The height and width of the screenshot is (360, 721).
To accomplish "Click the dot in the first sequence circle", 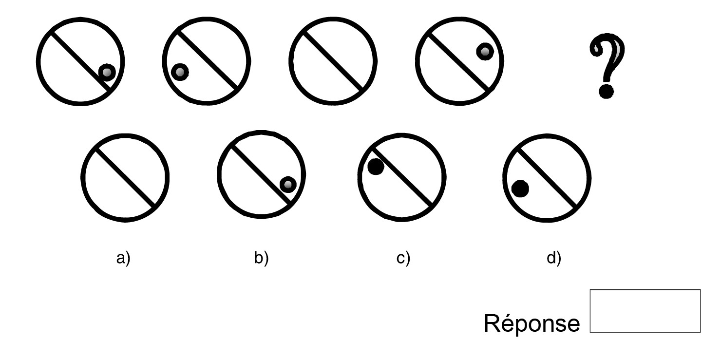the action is (x=107, y=73).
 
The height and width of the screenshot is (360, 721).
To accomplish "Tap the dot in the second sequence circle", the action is (x=180, y=72).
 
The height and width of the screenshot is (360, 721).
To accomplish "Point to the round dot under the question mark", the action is (x=606, y=91).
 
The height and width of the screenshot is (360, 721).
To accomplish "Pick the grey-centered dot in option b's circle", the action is (x=288, y=184).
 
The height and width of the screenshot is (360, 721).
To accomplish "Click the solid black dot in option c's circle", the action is (x=376, y=167).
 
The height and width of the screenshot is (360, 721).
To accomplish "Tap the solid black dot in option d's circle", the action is (x=520, y=189).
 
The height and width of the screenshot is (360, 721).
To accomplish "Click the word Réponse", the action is (x=531, y=323).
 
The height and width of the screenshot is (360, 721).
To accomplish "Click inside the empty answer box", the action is (x=645, y=311).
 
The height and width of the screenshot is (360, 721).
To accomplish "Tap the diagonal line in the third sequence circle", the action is (x=333, y=61).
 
